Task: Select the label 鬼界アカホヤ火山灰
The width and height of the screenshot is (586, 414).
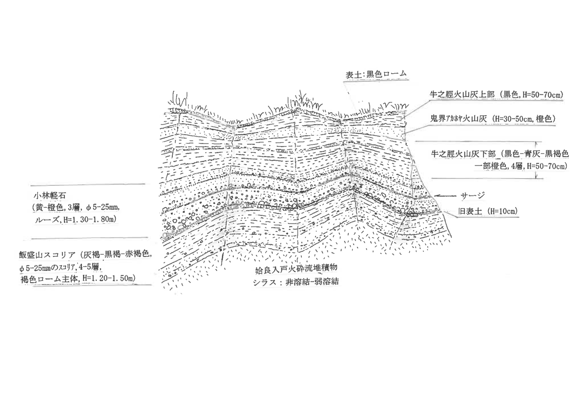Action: [460, 119]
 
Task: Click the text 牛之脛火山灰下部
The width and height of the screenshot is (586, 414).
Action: [462, 154]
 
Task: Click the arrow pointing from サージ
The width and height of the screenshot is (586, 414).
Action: [444, 195]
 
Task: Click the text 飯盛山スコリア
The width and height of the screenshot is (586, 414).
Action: [47, 255]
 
